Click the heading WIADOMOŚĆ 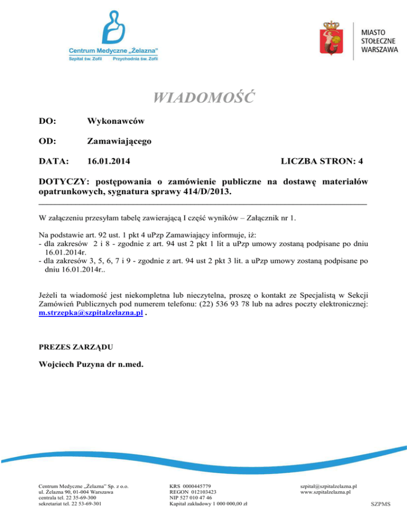pos(203,98)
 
